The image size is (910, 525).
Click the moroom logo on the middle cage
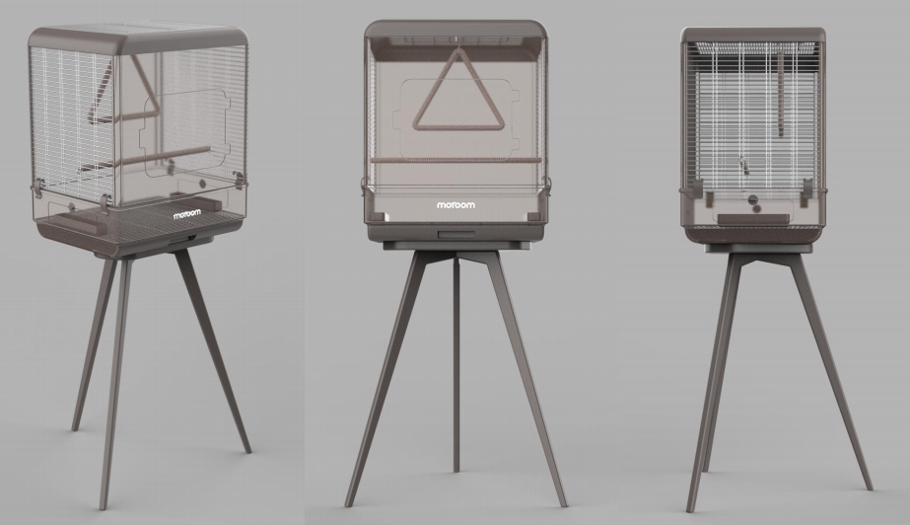pyautogui.click(x=455, y=206)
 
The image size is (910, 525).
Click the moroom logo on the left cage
pyautogui.click(x=187, y=214)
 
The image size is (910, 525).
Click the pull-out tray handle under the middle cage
pyautogui.click(x=455, y=233)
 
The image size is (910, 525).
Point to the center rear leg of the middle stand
pyautogui.click(x=455, y=365)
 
